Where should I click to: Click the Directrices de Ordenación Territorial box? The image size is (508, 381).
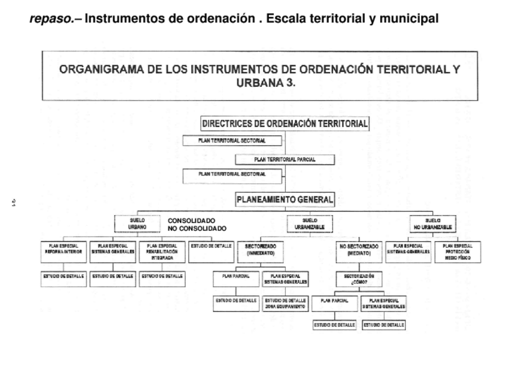coord(285,124)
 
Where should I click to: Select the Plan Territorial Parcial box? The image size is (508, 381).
coord(285,159)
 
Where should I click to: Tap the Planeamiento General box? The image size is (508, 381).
coord(285,200)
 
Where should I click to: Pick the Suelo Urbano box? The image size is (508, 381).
coord(137,224)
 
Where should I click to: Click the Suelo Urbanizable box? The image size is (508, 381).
coord(309,224)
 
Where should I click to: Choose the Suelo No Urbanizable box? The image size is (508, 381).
coord(433,224)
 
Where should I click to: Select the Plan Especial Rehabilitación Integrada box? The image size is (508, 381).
coord(162,252)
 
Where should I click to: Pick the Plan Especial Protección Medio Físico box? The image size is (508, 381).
coord(458,252)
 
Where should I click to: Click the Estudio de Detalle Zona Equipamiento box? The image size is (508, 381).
coord(285,303)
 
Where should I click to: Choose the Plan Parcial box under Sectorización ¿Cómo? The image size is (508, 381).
coord(334,303)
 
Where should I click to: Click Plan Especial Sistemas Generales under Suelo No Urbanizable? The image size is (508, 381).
coord(409,249)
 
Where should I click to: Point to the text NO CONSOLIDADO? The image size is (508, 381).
coord(196,229)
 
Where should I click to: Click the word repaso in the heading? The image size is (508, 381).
coord(46,19)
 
